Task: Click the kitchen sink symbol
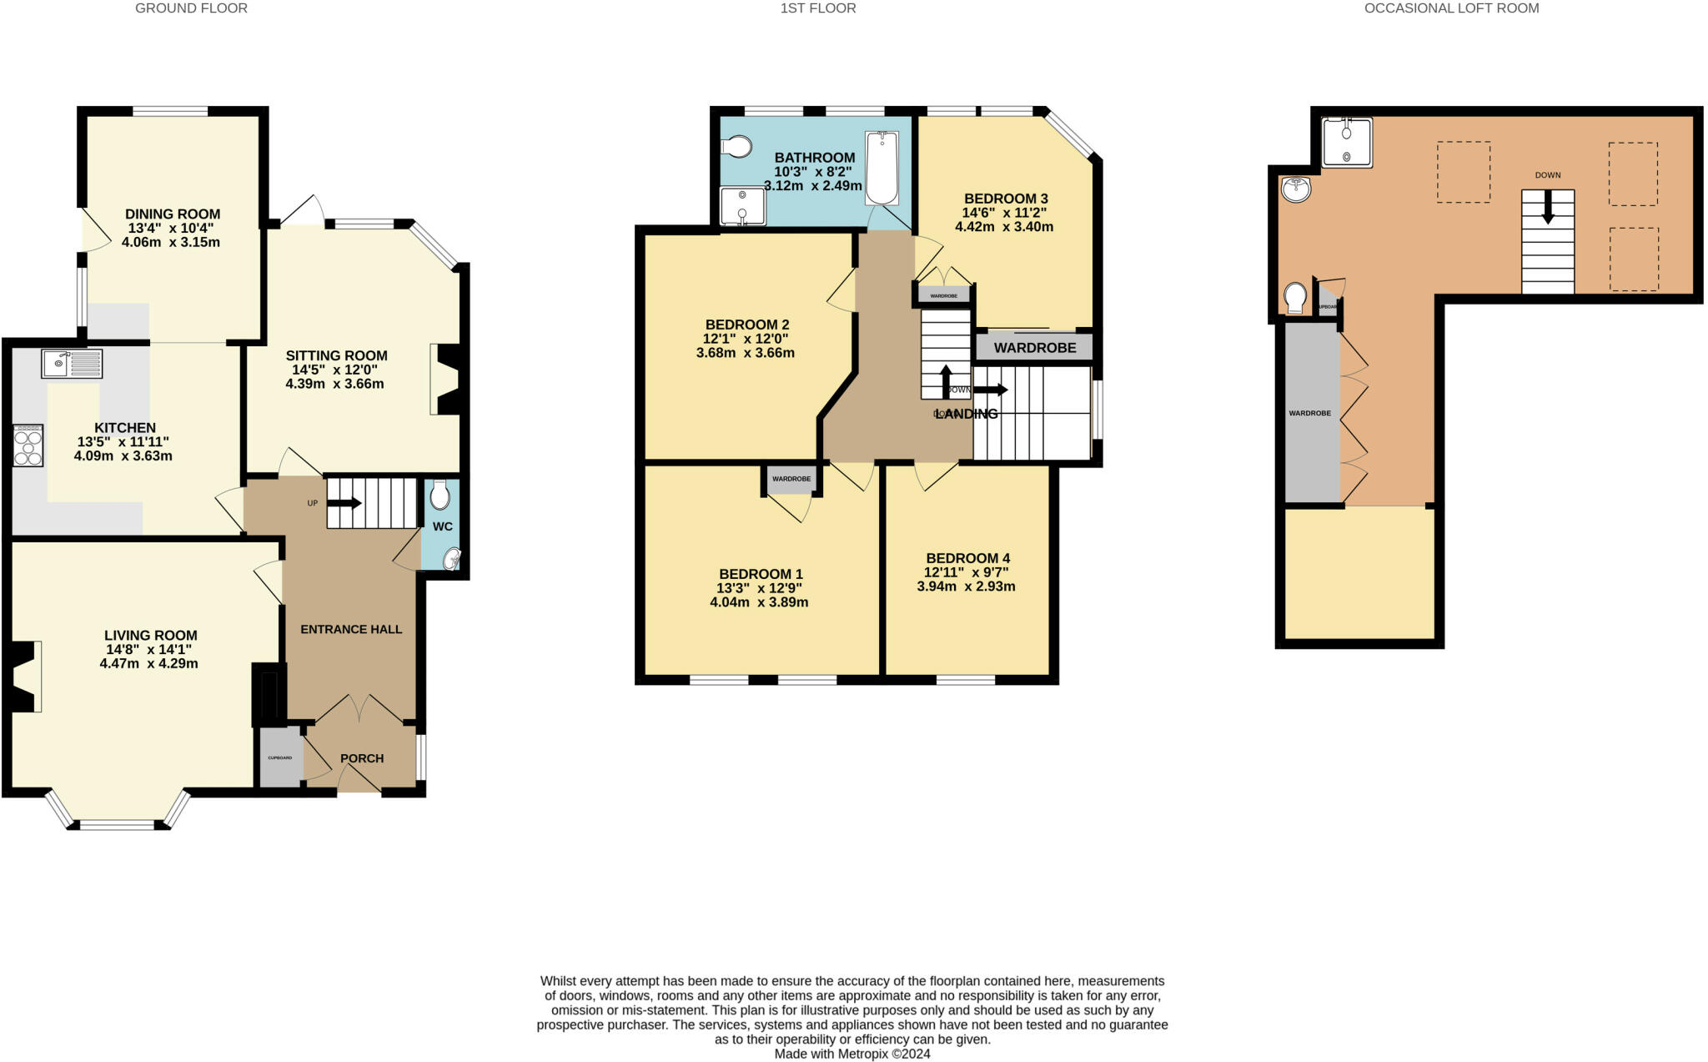[x=72, y=364]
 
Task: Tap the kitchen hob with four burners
[x=28, y=445]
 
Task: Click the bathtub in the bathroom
[x=882, y=169]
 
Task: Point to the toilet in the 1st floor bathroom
[x=736, y=148]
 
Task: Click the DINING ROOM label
[x=173, y=214]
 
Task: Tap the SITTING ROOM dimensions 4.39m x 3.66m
[x=334, y=384]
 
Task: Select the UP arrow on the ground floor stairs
[x=344, y=503]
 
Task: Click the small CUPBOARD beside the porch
[x=279, y=757]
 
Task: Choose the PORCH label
[x=362, y=758]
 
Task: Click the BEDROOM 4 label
[x=967, y=558]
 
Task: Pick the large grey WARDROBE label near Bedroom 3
[x=1034, y=347]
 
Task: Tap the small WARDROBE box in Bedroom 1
[x=791, y=479]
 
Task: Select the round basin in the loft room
[x=1297, y=189]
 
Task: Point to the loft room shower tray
[x=1346, y=142]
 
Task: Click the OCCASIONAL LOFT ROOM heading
[x=1451, y=8]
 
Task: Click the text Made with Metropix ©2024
[x=851, y=1054]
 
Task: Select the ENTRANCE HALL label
[x=351, y=629]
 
